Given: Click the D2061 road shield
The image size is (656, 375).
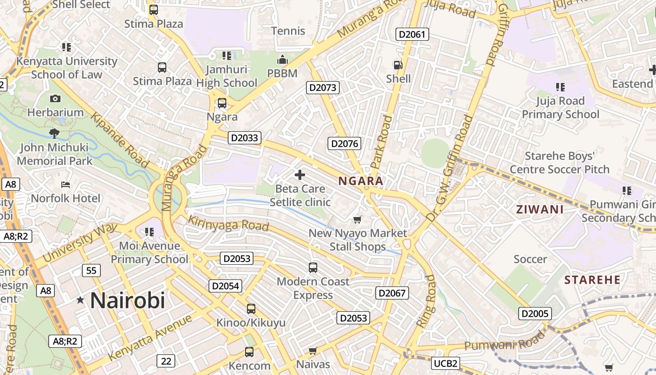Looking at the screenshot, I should click(x=412, y=34).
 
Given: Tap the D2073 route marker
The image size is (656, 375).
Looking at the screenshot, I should click(x=323, y=88).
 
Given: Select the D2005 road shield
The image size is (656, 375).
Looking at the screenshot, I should click(x=535, y=314).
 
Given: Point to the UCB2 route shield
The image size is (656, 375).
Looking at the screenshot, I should click(x=445, y=363).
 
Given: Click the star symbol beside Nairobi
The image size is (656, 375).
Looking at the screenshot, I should click(x=81, y=300).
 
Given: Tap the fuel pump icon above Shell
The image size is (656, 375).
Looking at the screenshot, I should click(x=398, y=65).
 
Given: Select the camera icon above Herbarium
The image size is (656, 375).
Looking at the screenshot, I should click(x=55, y=98).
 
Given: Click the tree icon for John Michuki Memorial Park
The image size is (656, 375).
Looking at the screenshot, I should click(x=54, y=134).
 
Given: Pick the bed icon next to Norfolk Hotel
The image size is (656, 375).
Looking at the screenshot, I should click(x=66, y=185).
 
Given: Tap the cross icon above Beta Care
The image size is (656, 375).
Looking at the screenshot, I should click(x=300, y=175).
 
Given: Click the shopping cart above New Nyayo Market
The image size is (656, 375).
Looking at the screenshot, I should click(x=358, y=219).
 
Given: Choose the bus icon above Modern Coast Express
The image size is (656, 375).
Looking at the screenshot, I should click(x=313, y=268).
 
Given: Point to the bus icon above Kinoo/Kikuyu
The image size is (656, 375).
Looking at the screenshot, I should click(x=251, y=309).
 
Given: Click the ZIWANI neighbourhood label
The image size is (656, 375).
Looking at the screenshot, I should click(x=540, y=210).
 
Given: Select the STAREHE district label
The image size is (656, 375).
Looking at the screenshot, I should click(x=592, y=280).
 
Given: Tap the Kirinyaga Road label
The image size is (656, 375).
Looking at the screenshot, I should click(x=228, y=223).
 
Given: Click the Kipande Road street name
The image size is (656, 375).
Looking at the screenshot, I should click(x=120, y=140).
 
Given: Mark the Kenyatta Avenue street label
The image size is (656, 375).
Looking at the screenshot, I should click(x=150, y=337).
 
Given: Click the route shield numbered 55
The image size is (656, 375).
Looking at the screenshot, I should click(x=91, y=270).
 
